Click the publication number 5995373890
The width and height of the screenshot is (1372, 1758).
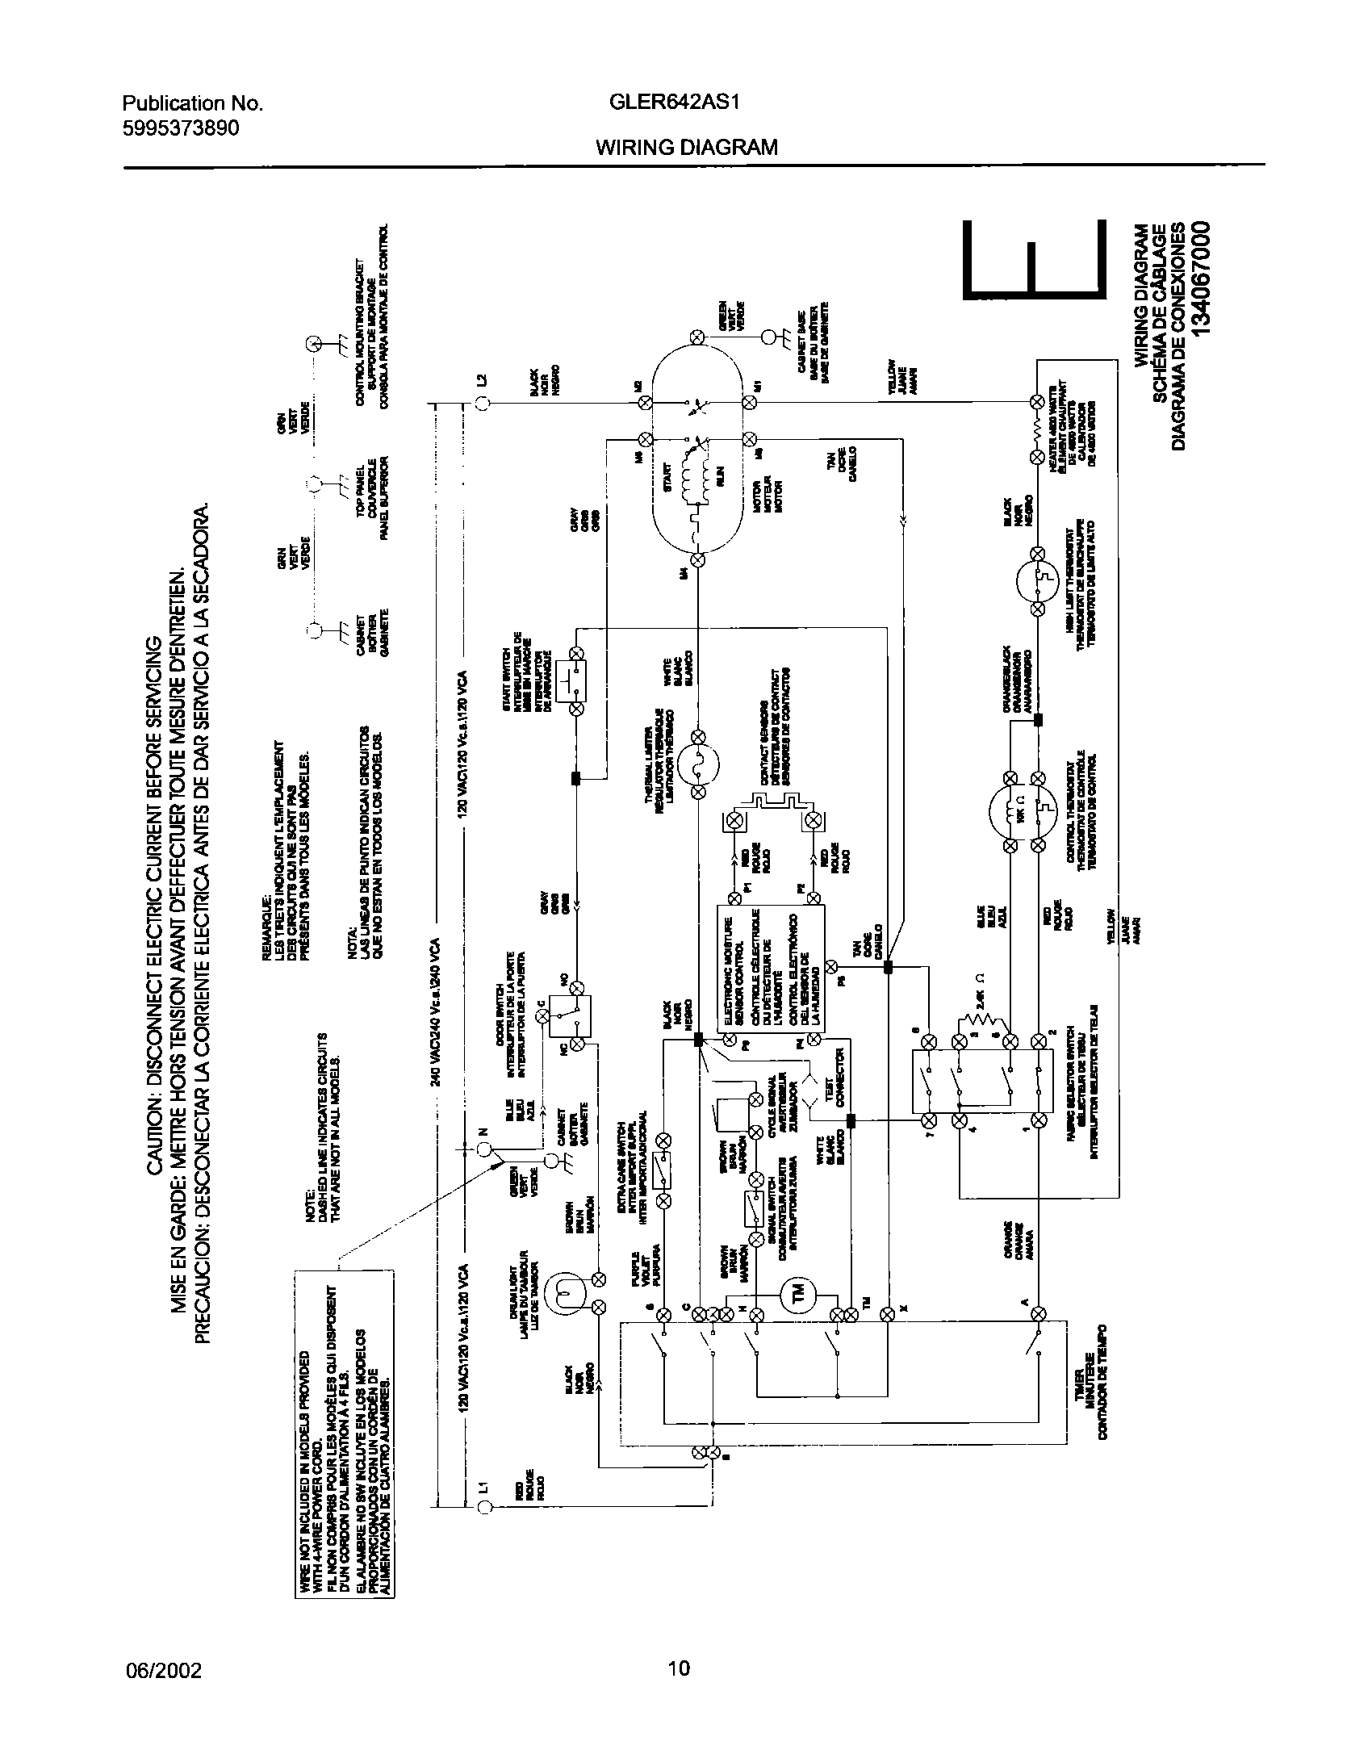tap(181, 128)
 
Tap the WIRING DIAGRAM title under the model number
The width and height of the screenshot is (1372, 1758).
tap(687, 147)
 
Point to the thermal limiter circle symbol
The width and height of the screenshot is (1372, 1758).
tap(698, 763)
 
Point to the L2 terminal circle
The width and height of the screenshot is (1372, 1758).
tap(482, 404)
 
